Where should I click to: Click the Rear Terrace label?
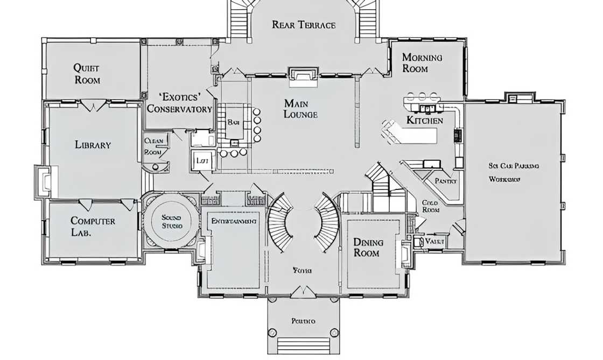[304, 25]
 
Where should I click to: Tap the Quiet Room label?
[87, 74]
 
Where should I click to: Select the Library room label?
[93, 145]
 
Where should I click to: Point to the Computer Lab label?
[93, 227]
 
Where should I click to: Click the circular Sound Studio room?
[172, 221]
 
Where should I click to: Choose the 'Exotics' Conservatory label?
[179, 103]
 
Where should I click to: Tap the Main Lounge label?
[300, 108]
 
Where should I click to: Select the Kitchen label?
[424, 120]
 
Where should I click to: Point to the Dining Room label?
[367, 247]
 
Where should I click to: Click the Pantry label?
[445, 181]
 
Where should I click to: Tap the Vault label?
[434, 242]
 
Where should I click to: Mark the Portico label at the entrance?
[303, 321]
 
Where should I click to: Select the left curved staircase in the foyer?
[280, 222]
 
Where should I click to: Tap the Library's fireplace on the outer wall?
[43, 181]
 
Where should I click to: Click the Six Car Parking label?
[514, 166]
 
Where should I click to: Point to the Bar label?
[233, 122]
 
